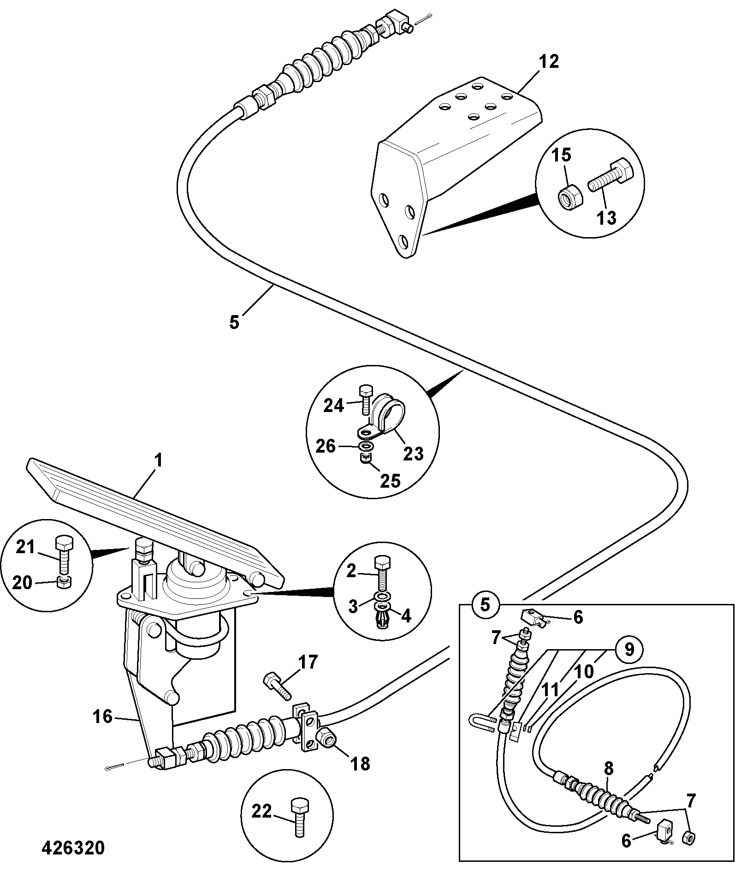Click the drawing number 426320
pyautogui.click(x=73, y=848)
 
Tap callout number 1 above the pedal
pyautogui.click(x=158, y=461)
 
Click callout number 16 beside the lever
pyautogui.click(x=102, y=717)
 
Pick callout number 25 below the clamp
pyautogui.click(x=390, y=481)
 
